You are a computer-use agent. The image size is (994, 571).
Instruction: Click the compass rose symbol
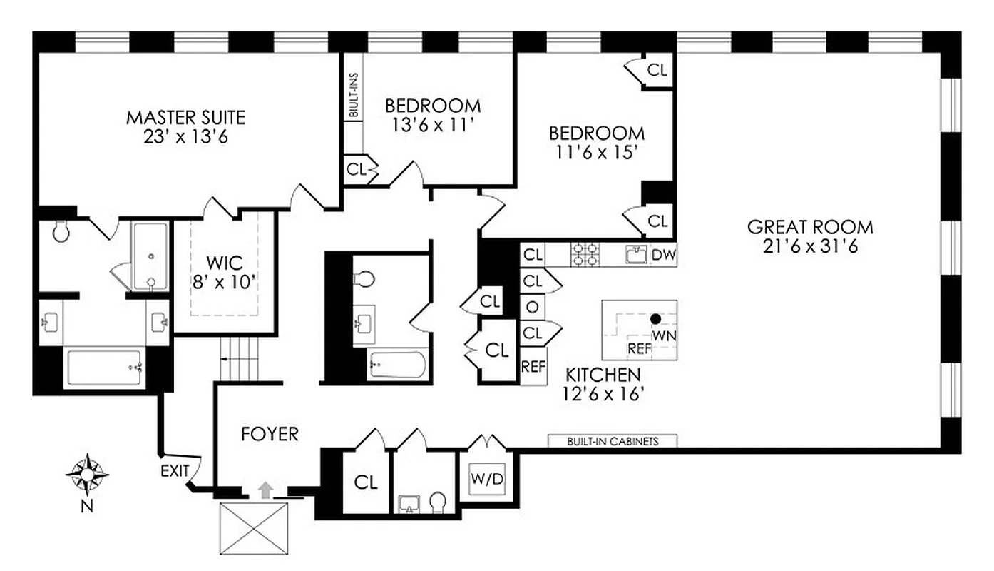87,475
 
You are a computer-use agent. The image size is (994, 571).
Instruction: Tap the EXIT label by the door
175,471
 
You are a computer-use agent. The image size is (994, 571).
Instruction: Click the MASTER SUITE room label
185,116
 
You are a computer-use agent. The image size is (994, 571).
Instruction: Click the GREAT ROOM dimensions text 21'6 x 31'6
810,247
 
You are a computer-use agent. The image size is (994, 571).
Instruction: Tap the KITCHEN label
603,375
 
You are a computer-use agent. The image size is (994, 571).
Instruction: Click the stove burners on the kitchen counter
585,254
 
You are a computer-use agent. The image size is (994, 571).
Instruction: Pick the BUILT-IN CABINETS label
613,441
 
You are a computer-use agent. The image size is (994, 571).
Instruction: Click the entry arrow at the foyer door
265,489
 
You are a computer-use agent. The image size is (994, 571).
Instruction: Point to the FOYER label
270,434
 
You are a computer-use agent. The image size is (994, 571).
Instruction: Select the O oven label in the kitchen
531,307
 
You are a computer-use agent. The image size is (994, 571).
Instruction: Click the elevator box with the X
255,528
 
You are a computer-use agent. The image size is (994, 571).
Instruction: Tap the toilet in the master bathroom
60,231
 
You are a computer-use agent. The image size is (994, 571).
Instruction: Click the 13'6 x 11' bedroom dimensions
433,124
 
